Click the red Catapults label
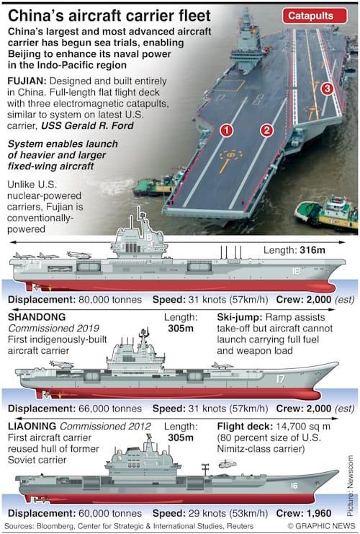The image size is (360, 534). pyautogui.click(x=315, y=16)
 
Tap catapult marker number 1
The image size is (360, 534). pyautogui.click(x=226, y=130)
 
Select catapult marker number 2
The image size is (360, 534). pyautogui.click(x=267, y=130)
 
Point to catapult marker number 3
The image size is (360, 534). pyautogui.click(x=327, y=89)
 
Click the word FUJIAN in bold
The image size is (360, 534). pyautogui.click(x=27, y=81)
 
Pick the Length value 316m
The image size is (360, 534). pyautogui.click(x=312, y=250)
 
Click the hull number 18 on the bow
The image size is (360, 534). pyautogui.click(x=296, y=271)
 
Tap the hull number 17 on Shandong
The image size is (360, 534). pyautogui.click(x=280, y=379)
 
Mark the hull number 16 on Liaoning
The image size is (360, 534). pyautogui.click(x=294, y=485)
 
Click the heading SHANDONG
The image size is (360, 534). pyautogui.click(x=37, y=317)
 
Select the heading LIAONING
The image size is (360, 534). pyautogui.click(x=32, y=426)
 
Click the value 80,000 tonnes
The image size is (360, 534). pyautogui.click(x=110, y=300)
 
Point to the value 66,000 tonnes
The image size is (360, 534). pyautogui.click(x=110, y=409)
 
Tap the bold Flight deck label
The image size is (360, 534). pyautogui.click(x=245, y=427)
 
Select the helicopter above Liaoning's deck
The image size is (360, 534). pyautogui.click(x=226, y=463)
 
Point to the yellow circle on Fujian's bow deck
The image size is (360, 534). pyautogui.click(x=231, y=155)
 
